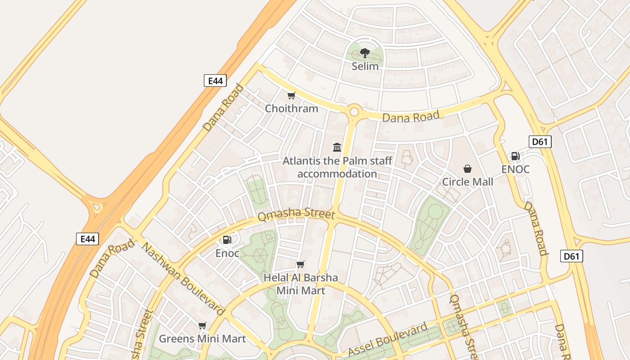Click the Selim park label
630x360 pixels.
point(365,66)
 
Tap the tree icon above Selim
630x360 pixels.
point(365,53)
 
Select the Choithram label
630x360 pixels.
point(291,108)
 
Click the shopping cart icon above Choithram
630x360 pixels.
point(291,95)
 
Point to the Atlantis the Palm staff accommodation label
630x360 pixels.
point(337,167)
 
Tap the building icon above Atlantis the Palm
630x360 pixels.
point(337,147)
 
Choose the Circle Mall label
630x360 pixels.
point(468,182)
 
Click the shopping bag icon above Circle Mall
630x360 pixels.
point(468,169)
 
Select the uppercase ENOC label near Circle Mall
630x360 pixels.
point(515,170)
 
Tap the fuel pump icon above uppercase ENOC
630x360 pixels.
point(515,157)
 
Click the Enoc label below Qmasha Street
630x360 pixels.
point(227,253)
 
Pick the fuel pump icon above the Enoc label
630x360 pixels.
point(227,240)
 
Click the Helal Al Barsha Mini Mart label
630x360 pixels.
point(301,284)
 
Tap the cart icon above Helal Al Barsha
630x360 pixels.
point(301,264)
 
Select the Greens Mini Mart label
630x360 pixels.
point(202,339)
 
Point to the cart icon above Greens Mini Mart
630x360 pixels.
point(202,325)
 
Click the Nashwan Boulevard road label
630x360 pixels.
point(183,279)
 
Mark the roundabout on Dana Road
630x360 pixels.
point(354,111)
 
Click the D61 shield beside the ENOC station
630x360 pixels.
point(540,142)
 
